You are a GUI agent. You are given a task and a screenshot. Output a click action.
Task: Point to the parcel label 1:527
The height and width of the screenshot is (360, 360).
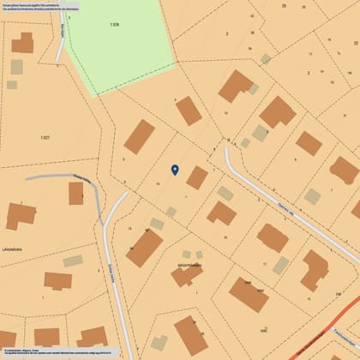[45, 137]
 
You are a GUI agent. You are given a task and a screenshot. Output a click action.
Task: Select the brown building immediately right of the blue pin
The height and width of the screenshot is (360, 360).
[197, 177]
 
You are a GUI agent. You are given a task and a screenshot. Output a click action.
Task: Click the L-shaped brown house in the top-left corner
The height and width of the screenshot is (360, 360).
[22, 43]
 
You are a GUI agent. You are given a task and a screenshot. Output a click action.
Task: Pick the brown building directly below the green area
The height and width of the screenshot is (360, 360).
[189, 111]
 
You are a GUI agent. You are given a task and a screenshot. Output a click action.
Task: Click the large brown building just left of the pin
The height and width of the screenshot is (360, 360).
[139, 136]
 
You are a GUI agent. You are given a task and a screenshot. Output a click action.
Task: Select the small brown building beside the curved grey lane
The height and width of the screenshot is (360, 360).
[76, 193]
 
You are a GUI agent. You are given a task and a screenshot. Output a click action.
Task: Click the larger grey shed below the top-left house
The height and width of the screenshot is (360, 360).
[16, 67]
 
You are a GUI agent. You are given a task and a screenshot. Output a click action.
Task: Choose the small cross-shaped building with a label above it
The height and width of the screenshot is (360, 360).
[186, 275]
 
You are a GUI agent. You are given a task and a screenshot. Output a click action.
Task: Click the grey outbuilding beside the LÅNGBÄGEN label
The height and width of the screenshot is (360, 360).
[73, 261]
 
